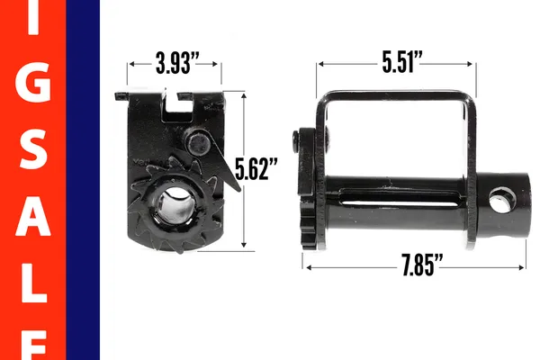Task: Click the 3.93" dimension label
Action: [x=176, y=64]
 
